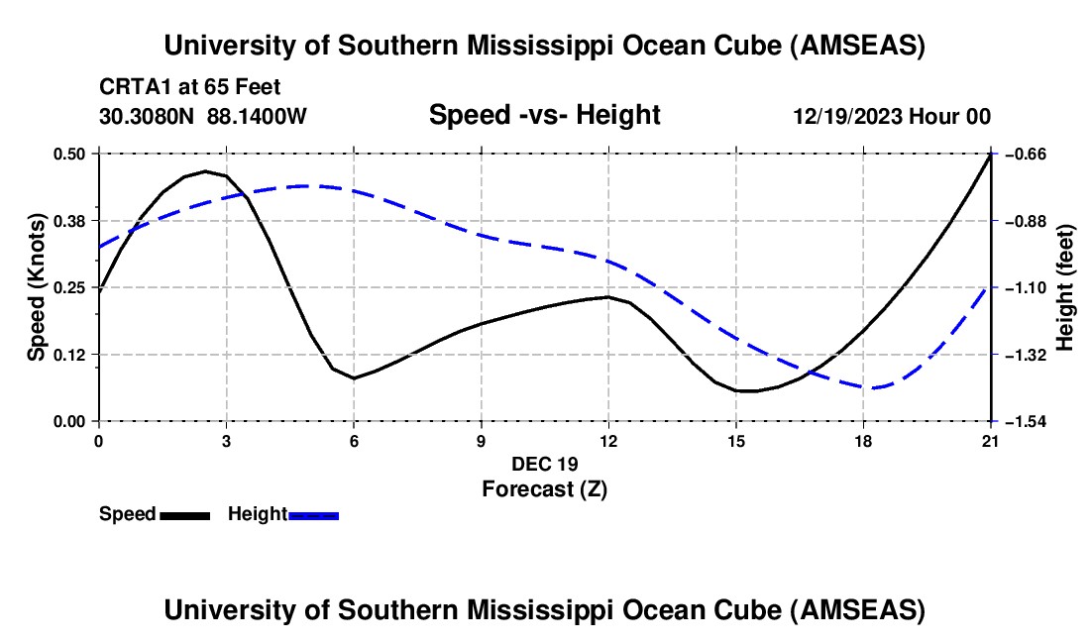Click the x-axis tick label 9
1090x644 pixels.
(481, 441)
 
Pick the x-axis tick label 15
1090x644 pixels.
(736, 441)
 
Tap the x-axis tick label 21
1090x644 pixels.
(991, 441)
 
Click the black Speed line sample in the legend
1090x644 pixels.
(184, 514)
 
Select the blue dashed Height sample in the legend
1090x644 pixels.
(314, 514)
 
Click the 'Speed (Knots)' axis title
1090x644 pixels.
(37, 287)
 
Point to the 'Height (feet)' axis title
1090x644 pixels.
(1066, 287)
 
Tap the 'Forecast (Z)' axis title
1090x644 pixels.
(544, 487)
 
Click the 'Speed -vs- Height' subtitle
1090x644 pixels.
(544, 115)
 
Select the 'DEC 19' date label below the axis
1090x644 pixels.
(544, 464)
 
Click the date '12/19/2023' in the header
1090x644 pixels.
(848, 117)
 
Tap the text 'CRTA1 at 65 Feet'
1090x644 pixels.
(182, 86)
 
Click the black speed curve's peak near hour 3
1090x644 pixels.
(205, 171)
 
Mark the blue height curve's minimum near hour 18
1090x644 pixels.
(872, 387)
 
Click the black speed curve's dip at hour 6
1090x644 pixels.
(354, 378)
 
